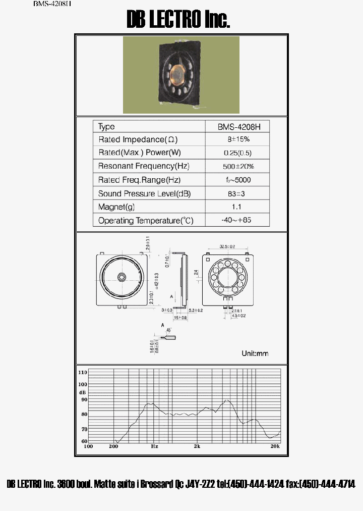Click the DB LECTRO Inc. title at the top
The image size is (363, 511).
pos(178,20)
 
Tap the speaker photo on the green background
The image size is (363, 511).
pos(181,75)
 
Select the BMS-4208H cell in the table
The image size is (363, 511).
pos(236,127)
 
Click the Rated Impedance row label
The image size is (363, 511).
pos(138,139)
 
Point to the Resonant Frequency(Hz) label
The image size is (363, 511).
pos(144,166)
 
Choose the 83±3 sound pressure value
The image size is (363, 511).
pos(237,193)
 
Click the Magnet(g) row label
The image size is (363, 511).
pos(116,207)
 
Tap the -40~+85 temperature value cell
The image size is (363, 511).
pos(237,221)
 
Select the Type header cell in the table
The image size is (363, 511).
pos(106,127)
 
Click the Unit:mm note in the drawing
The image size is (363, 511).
pos(255,353)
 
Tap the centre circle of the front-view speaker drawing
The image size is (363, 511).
pos(122,277)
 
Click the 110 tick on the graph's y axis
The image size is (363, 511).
pos(83,372)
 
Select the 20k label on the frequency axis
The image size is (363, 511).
pos(275,446)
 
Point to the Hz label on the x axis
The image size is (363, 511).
pos(154,446)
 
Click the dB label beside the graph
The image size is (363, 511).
pos(82,392)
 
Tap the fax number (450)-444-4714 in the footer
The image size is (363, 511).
pos(327,484)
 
